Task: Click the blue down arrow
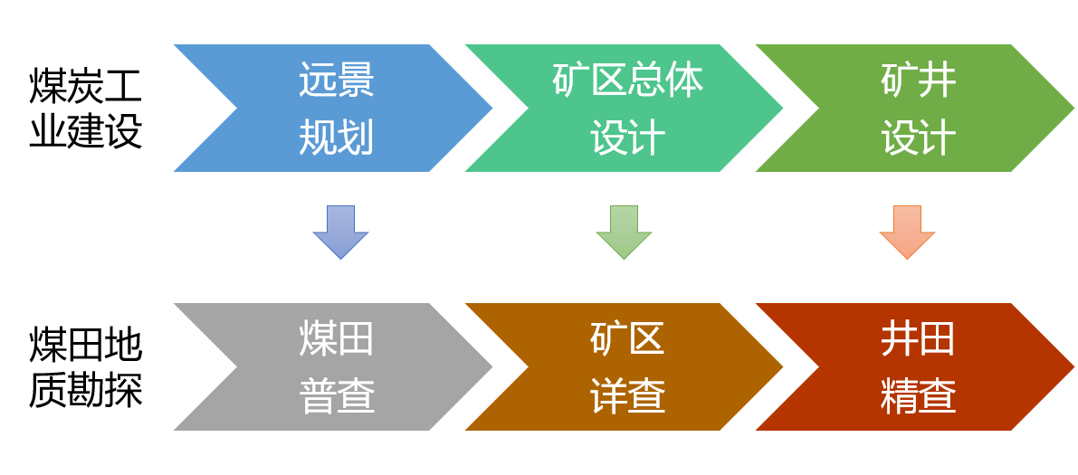click(340, 233)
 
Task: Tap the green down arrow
click(624, 233)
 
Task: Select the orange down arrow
click(907, 233)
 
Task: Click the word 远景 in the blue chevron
click(337, 81)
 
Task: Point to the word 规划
click(337, 139)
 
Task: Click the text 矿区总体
click(627, 81)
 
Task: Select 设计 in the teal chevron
click(627, 139)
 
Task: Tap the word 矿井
click(919, 81)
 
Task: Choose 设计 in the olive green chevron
click(919, 139)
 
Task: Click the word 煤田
click(337, 339)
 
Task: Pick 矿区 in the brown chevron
click(627, 339)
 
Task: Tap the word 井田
click(919, 339)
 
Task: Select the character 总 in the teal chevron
click(646, 81)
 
